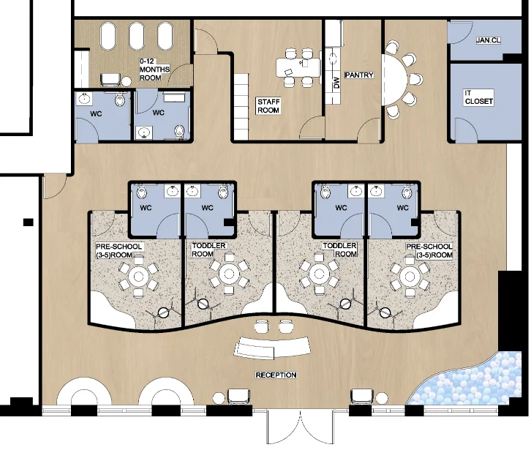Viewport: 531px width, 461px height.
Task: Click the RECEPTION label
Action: [276, 375]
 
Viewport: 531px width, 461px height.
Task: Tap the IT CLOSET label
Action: [479, 97]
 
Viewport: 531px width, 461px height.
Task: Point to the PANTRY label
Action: [359, 75]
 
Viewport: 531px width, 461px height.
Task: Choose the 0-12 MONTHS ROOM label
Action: [154, 70]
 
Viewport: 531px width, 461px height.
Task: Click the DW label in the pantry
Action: [336, 83]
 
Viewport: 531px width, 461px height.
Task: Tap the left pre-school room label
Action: [118, 251]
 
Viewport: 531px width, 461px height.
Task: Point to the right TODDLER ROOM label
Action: [339, 249]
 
